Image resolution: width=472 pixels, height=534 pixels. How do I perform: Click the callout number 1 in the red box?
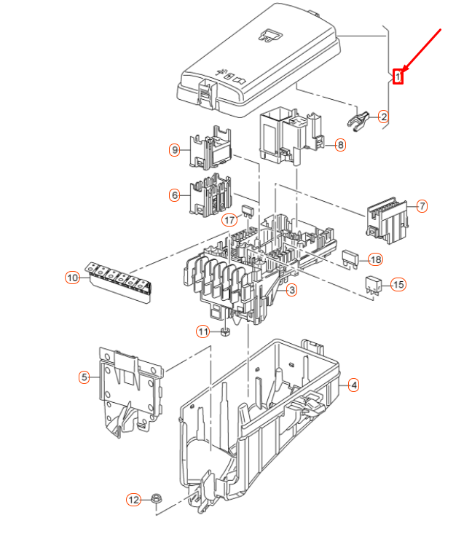[x=398, y=76]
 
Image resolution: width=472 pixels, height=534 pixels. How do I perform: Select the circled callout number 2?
[x=383, y=116]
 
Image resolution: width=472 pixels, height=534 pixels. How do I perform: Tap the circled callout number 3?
[x=291, y=291]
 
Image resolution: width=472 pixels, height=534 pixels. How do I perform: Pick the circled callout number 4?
[x=353, y=385]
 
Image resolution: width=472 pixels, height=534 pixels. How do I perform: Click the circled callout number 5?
[x=84, y=377]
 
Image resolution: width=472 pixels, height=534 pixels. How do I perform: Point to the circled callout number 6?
[x=174, y=195]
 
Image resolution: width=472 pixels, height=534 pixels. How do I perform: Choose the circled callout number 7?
[x=422, y=206]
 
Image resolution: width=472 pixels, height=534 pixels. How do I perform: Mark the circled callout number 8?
[x=340, y=145]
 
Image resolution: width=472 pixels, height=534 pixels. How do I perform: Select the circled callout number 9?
[x=174, y=150]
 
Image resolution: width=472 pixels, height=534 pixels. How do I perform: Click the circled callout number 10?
[x=72, y=278]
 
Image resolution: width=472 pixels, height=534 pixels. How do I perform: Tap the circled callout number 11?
[x=202, y=332]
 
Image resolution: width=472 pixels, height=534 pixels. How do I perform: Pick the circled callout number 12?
[x=133, y=500]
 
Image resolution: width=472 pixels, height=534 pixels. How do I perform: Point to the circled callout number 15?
[x=398, y=284]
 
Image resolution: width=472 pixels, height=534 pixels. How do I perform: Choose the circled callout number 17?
[x=229, y=220]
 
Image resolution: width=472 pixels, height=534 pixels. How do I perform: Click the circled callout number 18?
[x=375, y=260]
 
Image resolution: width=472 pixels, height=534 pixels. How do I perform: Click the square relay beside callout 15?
[x=372, y=285]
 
